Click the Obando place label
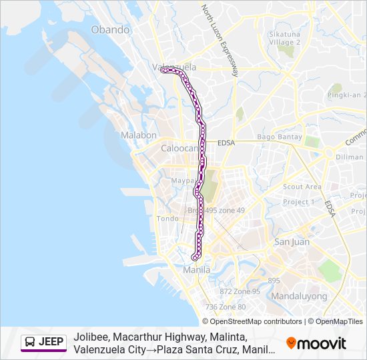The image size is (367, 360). click(110, 29)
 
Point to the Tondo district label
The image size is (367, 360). click(167, 218)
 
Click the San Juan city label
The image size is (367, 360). click(291, 242)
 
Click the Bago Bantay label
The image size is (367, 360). click(275, 137)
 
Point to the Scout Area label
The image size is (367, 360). click(302, 187)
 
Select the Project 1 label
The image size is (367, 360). click(298, 202)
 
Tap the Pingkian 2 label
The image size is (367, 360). click(346, 95)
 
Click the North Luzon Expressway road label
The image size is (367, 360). click(220, 40)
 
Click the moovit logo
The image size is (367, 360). click(316, 343)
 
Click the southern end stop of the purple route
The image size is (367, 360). click(194, 257)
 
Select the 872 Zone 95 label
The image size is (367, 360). click(240, 291)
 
